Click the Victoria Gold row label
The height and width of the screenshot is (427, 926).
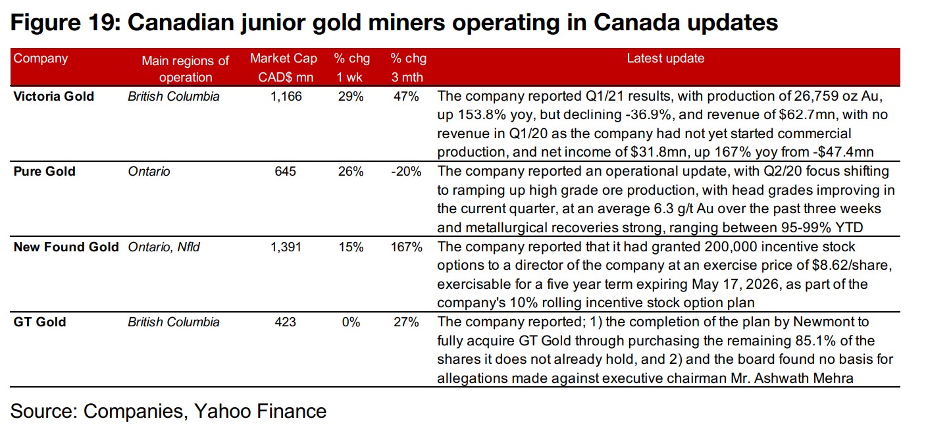point(54,96)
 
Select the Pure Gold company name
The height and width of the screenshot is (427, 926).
point(45,171)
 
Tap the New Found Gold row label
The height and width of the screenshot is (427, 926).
point(66,247)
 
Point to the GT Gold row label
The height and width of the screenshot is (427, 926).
point(40,322)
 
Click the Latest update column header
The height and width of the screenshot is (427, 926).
point(665,59)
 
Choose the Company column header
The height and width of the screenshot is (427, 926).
point(41,59)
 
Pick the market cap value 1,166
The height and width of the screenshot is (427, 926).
point(286,96)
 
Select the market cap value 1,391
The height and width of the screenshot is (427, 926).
point(286,247)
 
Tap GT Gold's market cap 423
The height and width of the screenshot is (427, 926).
point(286,322)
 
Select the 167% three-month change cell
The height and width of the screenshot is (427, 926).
point(406,247)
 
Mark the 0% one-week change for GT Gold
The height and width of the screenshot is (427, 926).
point(351,322)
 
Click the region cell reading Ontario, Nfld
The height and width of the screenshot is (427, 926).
point(164,247)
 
